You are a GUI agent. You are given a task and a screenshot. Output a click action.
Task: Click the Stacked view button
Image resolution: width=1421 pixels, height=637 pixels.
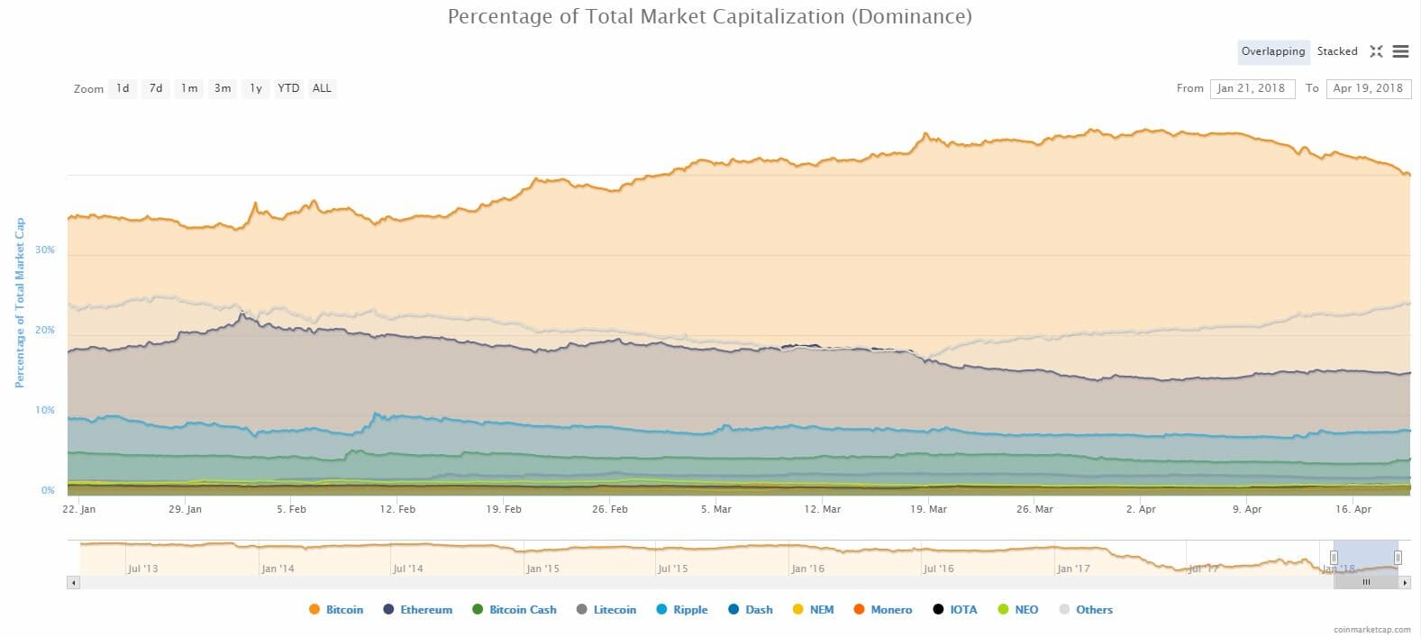tap(1336, 51)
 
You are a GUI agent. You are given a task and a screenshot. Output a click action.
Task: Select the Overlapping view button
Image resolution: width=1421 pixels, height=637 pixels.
tap(1272, 51)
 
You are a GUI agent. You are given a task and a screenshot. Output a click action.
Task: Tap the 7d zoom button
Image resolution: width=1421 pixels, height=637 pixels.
tap(156, 88)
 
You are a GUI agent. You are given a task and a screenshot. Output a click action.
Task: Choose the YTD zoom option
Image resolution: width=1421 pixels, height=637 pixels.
tap(288, 88)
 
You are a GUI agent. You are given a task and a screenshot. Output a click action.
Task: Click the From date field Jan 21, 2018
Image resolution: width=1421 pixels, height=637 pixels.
tap(1251, 88)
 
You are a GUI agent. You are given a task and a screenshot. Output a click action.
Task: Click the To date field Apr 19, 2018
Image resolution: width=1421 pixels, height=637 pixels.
tap(1368, 88)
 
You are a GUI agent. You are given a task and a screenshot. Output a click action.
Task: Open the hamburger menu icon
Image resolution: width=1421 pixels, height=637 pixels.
tap(1400, 51)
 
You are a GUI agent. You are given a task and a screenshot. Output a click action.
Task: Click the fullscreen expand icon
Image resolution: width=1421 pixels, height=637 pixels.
tap(1376, 51)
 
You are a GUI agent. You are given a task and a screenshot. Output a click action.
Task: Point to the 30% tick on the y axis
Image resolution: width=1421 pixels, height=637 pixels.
tap(45, 250)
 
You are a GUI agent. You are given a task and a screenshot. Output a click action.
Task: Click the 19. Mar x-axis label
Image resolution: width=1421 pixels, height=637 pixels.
tap(928, 509)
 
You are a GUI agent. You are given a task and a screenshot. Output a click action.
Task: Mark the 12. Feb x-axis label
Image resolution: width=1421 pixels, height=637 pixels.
tap(397, 509)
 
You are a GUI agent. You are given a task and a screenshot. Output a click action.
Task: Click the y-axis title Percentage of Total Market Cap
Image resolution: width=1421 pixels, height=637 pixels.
tap(19, 303)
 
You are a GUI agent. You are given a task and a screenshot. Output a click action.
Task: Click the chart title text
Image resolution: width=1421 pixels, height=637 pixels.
tap(710, 16)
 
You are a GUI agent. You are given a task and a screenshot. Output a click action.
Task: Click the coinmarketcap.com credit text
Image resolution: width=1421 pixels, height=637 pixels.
tap(1373, 630)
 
